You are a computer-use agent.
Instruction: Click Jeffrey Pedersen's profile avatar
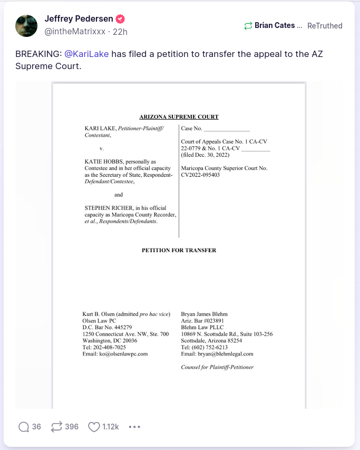(26, 25)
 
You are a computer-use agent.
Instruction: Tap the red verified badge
(121, 19)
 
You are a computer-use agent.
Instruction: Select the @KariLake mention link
(86, 54)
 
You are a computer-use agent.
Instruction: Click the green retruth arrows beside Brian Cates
(248, 25)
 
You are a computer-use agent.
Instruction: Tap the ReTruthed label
(325, 25)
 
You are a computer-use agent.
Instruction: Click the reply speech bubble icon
(24, 427)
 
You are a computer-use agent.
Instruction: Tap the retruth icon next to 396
(56, 427)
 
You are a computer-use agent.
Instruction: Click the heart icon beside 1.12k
(94, 427)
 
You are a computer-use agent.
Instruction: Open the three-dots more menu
(134, 427)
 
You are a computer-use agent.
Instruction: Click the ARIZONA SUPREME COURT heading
(179, 117)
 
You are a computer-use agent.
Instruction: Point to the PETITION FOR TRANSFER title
(179, 250)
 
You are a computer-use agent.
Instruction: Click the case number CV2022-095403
(200, 175)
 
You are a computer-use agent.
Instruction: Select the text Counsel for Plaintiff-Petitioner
(217, 367)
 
